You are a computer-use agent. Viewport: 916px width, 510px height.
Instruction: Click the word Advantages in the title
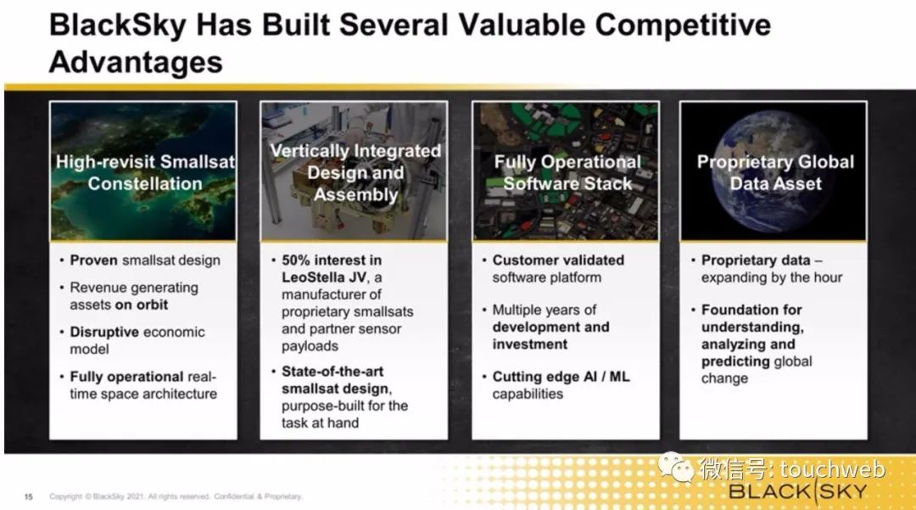tap(136, 61)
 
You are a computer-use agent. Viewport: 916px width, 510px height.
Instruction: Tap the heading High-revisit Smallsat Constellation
tap(145, 172)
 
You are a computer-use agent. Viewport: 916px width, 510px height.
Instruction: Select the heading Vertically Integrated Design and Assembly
tap(355, 172)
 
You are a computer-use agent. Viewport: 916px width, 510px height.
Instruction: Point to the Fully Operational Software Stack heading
tap(567, 172)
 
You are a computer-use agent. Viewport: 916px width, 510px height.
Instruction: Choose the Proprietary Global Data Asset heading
tap(775, 172)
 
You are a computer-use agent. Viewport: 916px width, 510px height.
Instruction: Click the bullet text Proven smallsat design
tap(145, 260)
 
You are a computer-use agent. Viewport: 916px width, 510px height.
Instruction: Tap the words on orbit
tap(142, 305)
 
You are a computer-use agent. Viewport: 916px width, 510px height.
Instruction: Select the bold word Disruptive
tap(104, 332)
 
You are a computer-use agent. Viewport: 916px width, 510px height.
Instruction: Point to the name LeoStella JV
tap(324, 277)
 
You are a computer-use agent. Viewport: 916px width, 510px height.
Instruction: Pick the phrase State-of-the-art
tap(332, 372)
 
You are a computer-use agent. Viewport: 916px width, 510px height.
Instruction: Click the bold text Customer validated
tap(558, 260)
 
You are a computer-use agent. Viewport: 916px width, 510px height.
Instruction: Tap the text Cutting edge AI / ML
tap(561, 377)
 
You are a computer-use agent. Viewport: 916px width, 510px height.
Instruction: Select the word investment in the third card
tap(530, 344)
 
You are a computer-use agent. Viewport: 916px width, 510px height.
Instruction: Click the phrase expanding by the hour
tap(772, 277)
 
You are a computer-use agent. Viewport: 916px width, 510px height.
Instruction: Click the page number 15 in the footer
tap(28, 496)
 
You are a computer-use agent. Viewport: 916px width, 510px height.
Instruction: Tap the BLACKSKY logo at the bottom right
tap(797, 491)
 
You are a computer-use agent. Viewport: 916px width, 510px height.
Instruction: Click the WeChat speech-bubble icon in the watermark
tap(675, 467)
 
